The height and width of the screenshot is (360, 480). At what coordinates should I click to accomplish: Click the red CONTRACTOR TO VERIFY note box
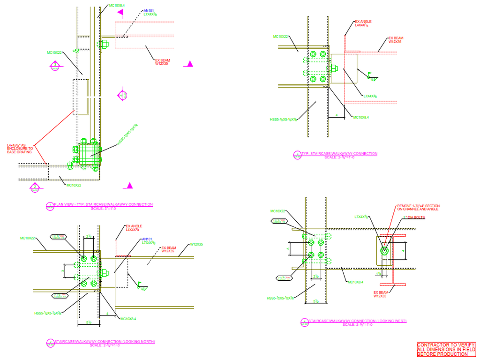coord(446,350)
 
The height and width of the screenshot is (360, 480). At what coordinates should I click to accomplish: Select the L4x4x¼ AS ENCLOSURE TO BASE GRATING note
coord(20,149)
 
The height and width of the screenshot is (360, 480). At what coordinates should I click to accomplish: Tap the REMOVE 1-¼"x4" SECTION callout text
coord(418,208)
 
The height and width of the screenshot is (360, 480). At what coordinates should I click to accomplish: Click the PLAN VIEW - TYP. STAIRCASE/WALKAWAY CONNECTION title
coord(103,204)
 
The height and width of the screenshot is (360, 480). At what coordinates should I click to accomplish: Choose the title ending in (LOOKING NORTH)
coord(105,342)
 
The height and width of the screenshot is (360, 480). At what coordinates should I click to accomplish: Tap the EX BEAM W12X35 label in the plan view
coord(162,61)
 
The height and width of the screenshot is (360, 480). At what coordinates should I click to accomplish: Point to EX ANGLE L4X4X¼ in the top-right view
coord(364,23)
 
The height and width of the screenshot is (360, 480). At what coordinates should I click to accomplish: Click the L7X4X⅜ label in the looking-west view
coord(361,217)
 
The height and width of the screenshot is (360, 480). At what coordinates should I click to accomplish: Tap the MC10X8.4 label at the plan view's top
coord(117,6)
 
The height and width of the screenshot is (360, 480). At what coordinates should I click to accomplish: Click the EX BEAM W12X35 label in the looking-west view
coord(380,294)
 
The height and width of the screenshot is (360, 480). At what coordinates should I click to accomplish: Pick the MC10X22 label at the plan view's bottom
coord(74,185)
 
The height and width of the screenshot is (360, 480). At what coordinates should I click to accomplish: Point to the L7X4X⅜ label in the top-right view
coord(370,96)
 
